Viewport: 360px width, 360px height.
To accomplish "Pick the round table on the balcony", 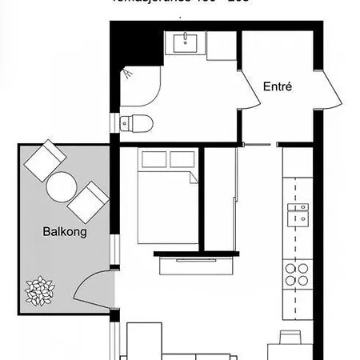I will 62,187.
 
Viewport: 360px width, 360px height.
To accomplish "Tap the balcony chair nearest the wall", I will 88,203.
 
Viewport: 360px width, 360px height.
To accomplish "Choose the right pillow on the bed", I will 181,161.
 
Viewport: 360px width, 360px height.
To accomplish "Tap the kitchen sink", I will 298,214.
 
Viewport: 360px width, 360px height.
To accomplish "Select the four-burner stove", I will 298,274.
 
